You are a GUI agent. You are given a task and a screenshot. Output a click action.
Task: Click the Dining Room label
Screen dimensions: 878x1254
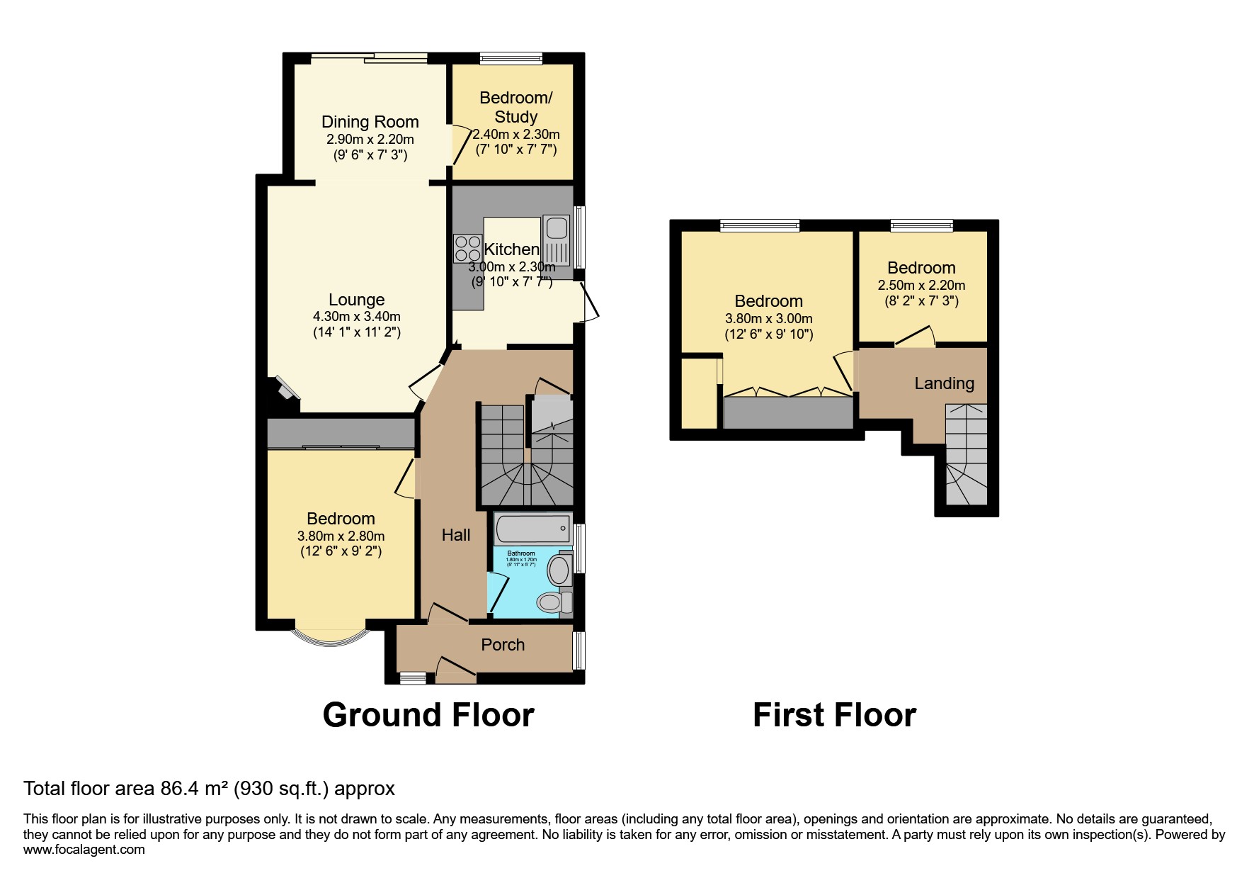pyautogui.click(x=370, y=122)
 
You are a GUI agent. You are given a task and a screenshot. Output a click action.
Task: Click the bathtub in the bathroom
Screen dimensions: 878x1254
pyautogui.click(x=532, y=528)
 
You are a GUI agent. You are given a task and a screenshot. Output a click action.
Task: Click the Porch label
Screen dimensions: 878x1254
pyautogui.click(x=503, y=645)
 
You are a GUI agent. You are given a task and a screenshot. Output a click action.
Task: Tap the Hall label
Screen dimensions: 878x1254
pyautogui.click(x=456, y=535)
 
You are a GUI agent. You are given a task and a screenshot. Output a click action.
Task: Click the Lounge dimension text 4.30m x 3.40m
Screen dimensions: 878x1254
pyautogui.click(x=357, y=317)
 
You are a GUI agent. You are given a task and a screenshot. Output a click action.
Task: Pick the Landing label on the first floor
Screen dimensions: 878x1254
pyautogui.click(x=944, y=383)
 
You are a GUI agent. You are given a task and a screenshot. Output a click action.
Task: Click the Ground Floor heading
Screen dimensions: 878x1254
pyautogui.click(x=428, y=715)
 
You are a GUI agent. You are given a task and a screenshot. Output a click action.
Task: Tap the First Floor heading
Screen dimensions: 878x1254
pyautogui.click(x=834, y=715)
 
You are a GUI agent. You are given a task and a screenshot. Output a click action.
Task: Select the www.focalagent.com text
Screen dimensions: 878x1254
pyautogui.click(x=84, y=850)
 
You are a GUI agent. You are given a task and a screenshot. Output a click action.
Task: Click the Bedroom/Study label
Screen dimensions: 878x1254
pyautogui.click(x=515, y=107)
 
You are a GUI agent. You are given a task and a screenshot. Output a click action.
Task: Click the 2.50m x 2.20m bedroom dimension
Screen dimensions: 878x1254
pyautogui.click(x=921, y=286)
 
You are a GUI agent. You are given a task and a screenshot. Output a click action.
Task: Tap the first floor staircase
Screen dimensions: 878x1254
pyautogui.click(x=966, y=454)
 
